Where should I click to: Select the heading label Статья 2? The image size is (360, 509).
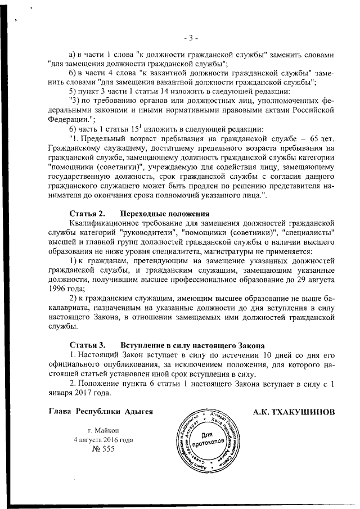click(87, 214)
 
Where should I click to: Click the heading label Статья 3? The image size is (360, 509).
click(87, 344)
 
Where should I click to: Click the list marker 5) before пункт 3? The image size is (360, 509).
click(73, 91)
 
